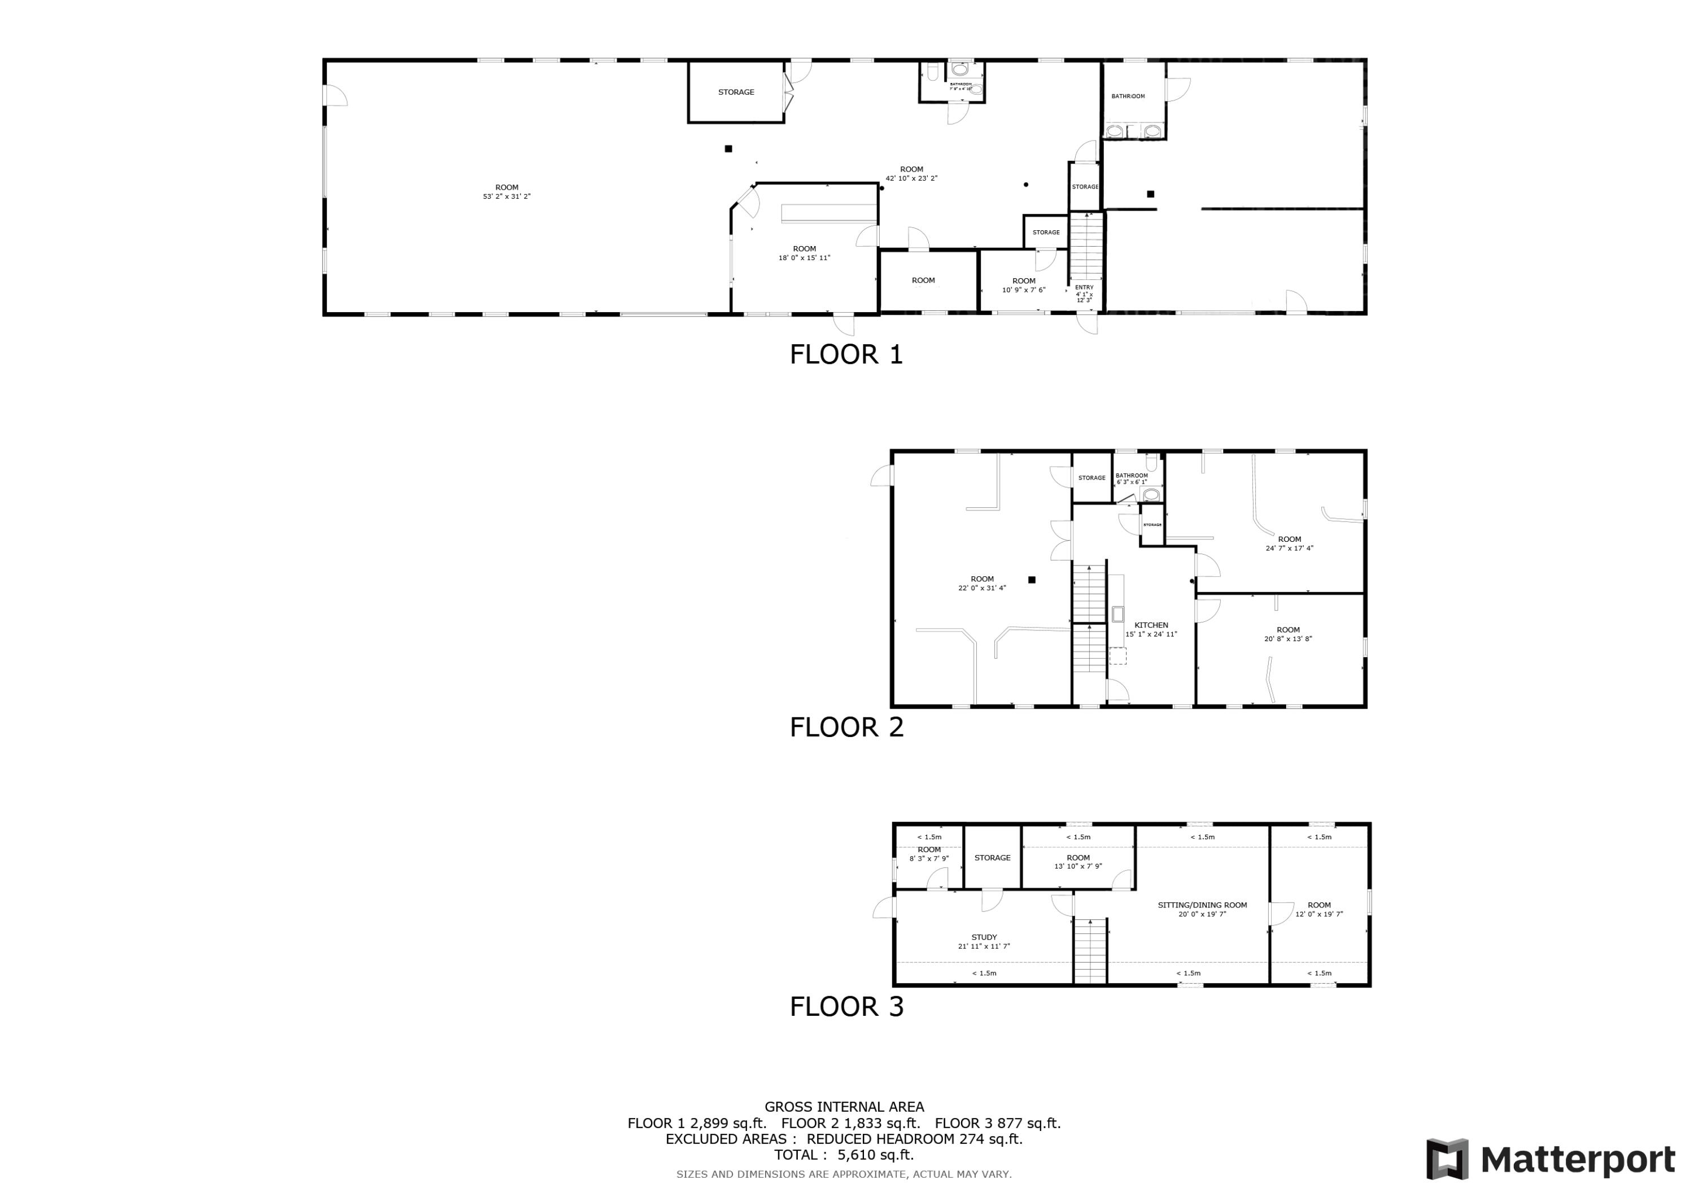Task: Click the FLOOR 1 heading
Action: click(x=846, y=355)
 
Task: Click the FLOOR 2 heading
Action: click(x=846, y=727)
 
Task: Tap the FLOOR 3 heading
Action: click(x=846, y=1007)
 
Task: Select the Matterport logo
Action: click(x=1550, y=1159)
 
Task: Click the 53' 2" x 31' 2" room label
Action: click(x=507, y=192)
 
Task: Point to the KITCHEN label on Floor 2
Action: click(x=1151, y=625)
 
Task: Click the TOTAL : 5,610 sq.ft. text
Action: click(x=843, y=1155)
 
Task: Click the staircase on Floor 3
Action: click(x=1090, y=952)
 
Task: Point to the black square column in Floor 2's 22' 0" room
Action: click(x=1032, y=580)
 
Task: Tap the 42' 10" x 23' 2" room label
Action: click(x=911, y=173)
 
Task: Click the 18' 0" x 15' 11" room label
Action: click(x=804, y=253)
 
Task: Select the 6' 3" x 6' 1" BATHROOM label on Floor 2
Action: click(x=1131, y=479)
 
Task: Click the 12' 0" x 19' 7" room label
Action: click(x=1319, y=909)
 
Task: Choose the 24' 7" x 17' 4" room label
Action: click(x=1290, y=543)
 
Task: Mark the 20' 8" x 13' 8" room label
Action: click(x=1288, y=634)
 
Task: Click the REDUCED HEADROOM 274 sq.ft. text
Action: click(x=914, y=1139)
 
